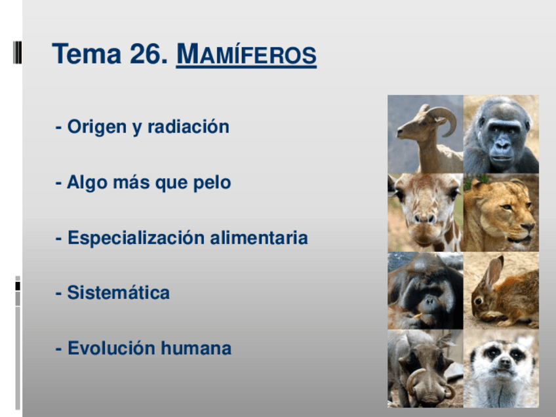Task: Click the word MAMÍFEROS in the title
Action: click(246, 54)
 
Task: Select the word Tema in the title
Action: click(87, 54)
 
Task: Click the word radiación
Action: click(188, 127)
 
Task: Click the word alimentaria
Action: click(259, 237)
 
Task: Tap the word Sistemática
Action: click(119, 292)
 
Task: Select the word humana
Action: click(196, 348)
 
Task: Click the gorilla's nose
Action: click(502, 142)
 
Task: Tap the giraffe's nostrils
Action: click(424, 218)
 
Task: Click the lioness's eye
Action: click(507, 207)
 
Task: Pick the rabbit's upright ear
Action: click(493, 272)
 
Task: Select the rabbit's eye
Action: click(479, 301)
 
